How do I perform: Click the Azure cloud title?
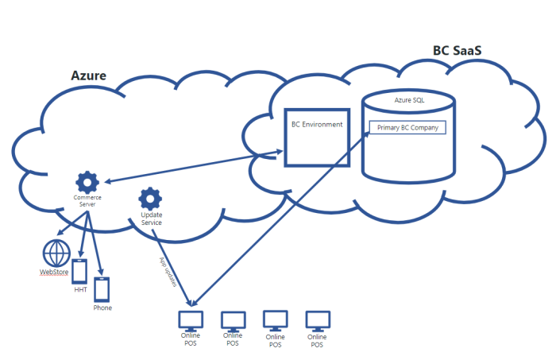point(88,76)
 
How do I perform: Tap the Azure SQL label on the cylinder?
point(408,101)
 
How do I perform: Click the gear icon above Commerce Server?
point(87,181)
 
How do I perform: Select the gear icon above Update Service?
point(150,198)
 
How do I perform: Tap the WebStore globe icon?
point(56,254)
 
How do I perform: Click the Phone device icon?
point(102,290)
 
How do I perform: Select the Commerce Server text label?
point(87,201)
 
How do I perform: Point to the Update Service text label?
point(151,219)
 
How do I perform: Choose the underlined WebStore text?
point(54,273)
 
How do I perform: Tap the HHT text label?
point(79,291)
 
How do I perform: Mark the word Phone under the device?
point(102,308)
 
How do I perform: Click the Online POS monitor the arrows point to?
point(191,319)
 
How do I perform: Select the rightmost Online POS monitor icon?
point(317,320)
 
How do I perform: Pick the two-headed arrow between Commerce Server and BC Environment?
point(195,166)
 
